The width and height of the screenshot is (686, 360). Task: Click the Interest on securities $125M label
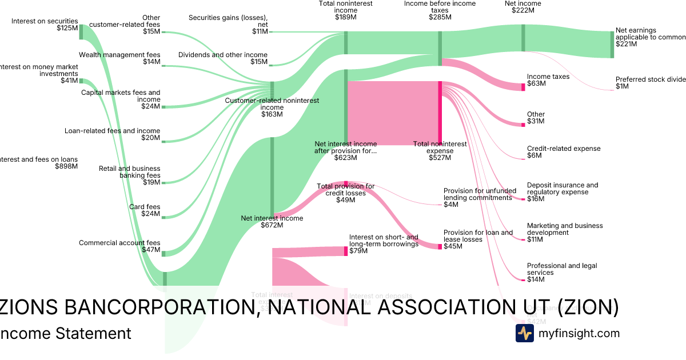coord(44,25)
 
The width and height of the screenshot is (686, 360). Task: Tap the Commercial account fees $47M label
coord(119,246)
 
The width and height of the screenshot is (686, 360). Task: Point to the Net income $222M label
coord(523,7)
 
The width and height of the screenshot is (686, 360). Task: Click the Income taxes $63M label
coord(540,80)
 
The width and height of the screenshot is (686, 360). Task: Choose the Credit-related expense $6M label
coord(563,151)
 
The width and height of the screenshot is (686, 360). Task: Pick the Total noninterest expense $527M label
coord(440,150)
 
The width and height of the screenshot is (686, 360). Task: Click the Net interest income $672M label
coord(272,221)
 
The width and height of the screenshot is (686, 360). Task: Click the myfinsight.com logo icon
coord(524,333)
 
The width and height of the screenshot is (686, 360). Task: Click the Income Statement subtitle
coord(65,333)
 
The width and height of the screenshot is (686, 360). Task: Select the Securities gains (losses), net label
coord(228,25)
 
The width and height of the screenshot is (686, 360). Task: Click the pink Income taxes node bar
coord(523,87)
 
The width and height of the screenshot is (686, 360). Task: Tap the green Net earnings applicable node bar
coord(611,44)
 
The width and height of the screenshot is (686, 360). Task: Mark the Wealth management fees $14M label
coord(119,58)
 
